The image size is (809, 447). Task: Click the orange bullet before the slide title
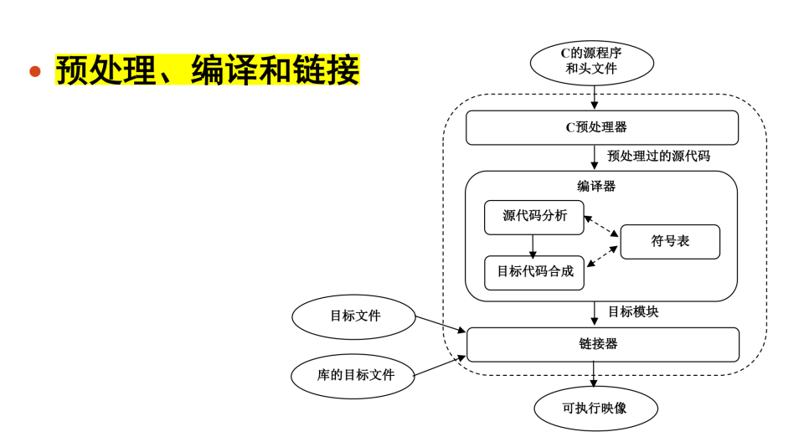35,71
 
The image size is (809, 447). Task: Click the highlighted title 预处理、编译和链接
207,70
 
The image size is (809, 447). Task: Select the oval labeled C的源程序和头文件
592,62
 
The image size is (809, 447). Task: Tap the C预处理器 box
601,128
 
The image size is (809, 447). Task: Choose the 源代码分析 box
534,217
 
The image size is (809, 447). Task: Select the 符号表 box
670,241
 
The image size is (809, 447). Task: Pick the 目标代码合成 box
534,272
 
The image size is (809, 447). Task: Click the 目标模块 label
632,311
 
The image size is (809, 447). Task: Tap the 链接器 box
601,344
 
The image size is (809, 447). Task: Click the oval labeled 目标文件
354,316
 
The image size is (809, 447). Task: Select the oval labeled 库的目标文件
354,375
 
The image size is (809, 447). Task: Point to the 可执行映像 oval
595,408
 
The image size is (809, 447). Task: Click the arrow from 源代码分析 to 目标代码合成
533,244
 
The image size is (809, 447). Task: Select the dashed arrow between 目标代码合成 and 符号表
603,257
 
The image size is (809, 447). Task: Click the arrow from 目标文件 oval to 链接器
441,324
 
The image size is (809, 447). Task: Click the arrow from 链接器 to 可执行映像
594,373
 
